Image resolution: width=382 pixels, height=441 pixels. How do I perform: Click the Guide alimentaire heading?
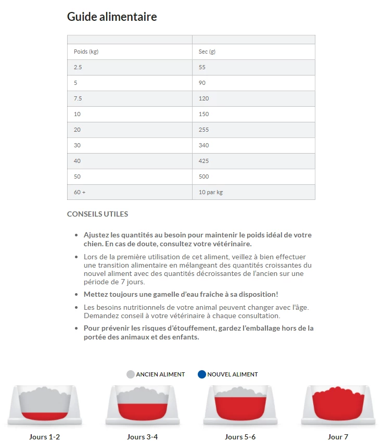pyautogui.click(x=112, y=17)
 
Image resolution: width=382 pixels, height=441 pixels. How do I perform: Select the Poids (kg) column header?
pyautogui.click(x=86, y=52)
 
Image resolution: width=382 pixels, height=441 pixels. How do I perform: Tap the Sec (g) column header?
pyautogui.click(x=207, y=52)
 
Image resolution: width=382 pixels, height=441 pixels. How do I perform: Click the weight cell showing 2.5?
pyautogui.click(x=78, y=67)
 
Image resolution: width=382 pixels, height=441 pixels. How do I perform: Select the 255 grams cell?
pyautogui.click(x=204, y=130)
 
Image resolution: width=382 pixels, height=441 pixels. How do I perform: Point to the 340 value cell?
pyautogui.click(x=204, y=145)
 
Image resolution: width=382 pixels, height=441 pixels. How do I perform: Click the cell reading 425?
pyautogui.click(x=204, y=161)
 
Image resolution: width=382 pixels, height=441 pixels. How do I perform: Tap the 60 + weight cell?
pyautogui.click(x=80, y=192)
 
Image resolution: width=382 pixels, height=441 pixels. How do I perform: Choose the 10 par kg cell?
pyautogui.click(x=211, y=192)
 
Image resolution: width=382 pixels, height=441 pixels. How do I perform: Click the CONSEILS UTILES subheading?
pyautogui.click(x=97, y=214)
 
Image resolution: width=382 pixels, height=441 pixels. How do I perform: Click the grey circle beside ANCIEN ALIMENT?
pyautogui.click(x=131, y=374)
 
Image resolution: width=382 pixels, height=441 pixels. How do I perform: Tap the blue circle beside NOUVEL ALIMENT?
pyautogui.click(x=202, y=374)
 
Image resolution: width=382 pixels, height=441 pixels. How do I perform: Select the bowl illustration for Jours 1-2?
pyautogui.click(x=45, y=406)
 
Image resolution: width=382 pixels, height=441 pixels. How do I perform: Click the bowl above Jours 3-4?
pyautogui.click(x=143, y=406)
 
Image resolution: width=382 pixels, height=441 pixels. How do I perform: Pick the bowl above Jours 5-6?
pyautogui.click(x=240, y=406)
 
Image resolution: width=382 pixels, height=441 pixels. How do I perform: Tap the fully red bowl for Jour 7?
pyautogui.click(x=338, y=406)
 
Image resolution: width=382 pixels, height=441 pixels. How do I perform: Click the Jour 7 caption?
pyautogui.click(x=338, y=437)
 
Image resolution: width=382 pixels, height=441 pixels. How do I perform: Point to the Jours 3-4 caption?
pyautogui.click(x=143, y=437)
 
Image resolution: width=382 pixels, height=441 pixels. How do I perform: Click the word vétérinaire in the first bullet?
pyautogui.click(x=232, y=244)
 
